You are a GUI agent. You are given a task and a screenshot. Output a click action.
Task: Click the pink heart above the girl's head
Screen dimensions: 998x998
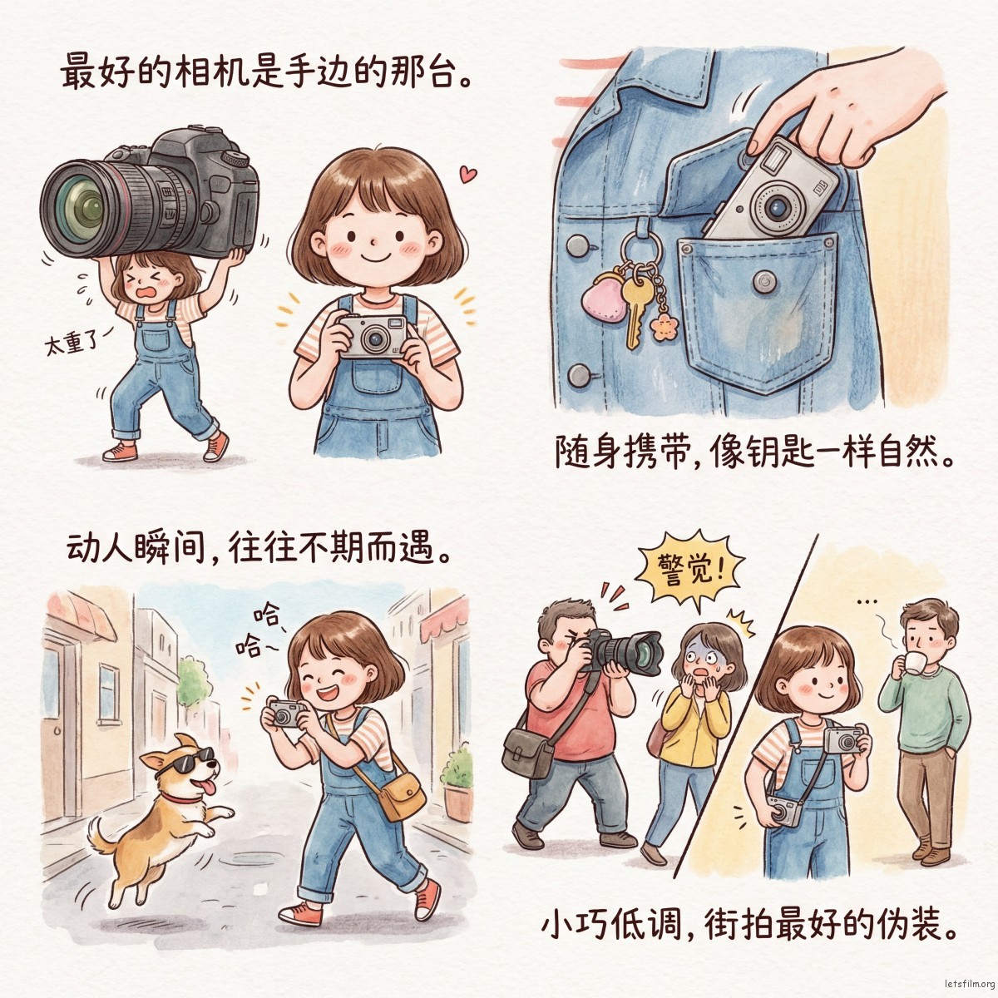(468, 174)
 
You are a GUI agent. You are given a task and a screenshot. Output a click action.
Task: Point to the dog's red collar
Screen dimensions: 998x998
(179, 798)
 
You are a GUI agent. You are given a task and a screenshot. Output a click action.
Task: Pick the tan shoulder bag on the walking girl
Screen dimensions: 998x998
(402, 797)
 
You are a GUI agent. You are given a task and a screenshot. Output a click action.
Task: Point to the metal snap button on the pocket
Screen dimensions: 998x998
(764, 282)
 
